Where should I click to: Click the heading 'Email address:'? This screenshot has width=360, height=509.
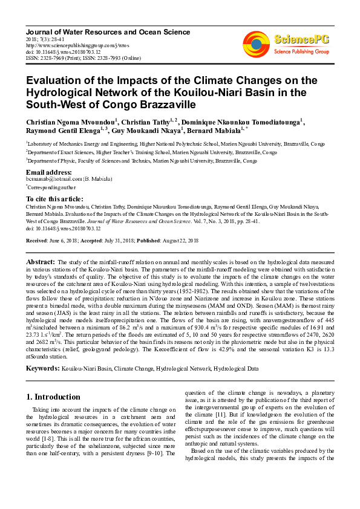coord(47,172)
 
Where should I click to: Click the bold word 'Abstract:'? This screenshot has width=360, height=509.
coord(41,261)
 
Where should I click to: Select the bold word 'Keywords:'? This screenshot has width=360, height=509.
coord(42,368)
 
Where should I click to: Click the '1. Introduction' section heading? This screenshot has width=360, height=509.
coord(57,397)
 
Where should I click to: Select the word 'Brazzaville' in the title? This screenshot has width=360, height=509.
coord(163,105)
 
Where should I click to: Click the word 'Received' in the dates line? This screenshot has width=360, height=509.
coord(37,241)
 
